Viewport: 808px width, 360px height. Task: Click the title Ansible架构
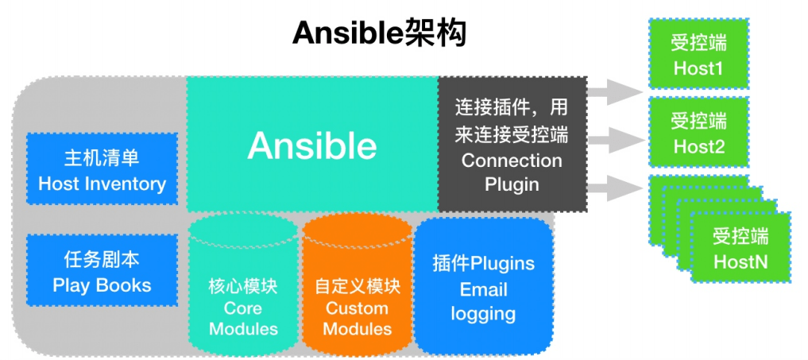pyautogui.click(x=378, y=34)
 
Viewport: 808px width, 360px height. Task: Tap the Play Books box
pyautogui.click(x=102, y=270)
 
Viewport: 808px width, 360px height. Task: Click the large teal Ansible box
pyautogui.click(x=311, y=144)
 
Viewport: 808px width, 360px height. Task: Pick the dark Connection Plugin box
pyautogui.click(x=512, y=144)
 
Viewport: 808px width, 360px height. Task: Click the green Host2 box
pyautogui.click(x=698, y=132)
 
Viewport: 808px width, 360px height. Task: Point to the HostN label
pyautogui.click(x=740, y=261)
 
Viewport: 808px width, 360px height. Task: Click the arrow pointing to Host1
pyautogui.click(x=616, y=91)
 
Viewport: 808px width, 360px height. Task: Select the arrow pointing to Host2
pyautogui.click(x=616, y=141)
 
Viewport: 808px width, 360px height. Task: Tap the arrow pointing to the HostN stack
pyautogui.click(x=616, y=188)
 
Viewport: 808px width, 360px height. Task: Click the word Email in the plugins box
pyautogui.click(x=483, y=289)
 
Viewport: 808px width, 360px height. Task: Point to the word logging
pyautogui.click(x=483, y=313)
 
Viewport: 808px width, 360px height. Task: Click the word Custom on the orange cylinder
pyautogui.click(x=358, y=308)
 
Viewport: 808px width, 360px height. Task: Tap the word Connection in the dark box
pyautogui.click(x=512, y=160)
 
